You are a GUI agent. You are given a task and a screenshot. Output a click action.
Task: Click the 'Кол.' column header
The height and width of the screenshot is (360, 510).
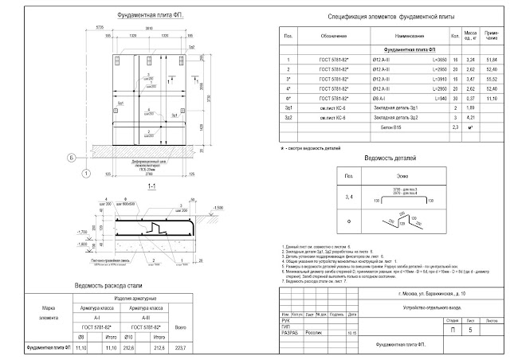(456, 37)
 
